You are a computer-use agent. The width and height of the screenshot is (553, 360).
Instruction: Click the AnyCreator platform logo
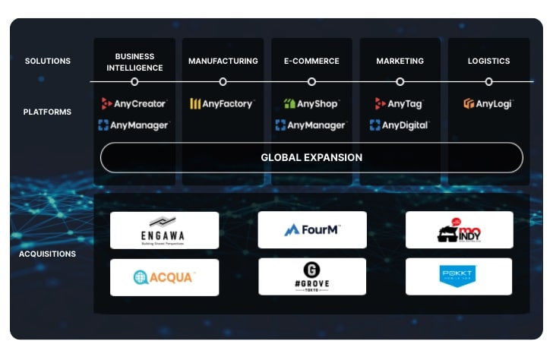pyautogui.click(x=134, y=103)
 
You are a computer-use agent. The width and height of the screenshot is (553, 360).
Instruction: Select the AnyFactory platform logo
pyautogui.click(x=221, y=103)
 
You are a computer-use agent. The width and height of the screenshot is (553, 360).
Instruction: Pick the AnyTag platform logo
pyautogui.click(x=399, y=103)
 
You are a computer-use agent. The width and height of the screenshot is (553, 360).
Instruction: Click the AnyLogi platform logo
pyautogui.click(x=488, y=103)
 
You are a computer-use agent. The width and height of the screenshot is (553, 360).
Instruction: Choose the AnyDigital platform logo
pyautogui.click(x=400, y=125)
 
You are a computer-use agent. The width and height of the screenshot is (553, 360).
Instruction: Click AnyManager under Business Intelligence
pyautogui.click(x=134, y=125)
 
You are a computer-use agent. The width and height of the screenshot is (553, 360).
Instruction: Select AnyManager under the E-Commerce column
pyautogui.click(x=311, y=125)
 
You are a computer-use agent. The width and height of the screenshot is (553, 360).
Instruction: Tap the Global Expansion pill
pyautogui.click(x=311, y=158)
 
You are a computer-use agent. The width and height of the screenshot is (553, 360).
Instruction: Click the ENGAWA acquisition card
pyautogui.click(x=164, y=230)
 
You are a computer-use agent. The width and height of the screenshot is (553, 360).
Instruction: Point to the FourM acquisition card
pyautogui.click(x=311, y=230)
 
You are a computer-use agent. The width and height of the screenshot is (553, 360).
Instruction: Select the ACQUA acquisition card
pyautogui.click(x=164, y=277)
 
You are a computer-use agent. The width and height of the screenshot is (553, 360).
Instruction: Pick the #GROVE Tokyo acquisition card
pyautogui.click(x=311, y=277)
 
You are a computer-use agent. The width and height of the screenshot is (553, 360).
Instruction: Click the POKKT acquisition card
pyautogui.click(x=459, y=277)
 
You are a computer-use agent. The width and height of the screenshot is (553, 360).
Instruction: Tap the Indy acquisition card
pyautogui.click(x=459, y=230)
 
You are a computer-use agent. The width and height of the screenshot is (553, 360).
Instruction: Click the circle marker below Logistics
pyautogui.click(x=488, y=81)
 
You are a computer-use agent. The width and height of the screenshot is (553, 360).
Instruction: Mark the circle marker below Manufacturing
pyautogui.click(x=223, y=81)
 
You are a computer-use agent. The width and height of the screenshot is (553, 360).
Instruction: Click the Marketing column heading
pyautogui.click(x=400, y=61)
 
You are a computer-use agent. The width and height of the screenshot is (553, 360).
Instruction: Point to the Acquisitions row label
pyautogui.click(x=47, y=254)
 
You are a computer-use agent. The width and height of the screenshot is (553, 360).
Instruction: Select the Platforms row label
pyautogui.click(x=47, y=112)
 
